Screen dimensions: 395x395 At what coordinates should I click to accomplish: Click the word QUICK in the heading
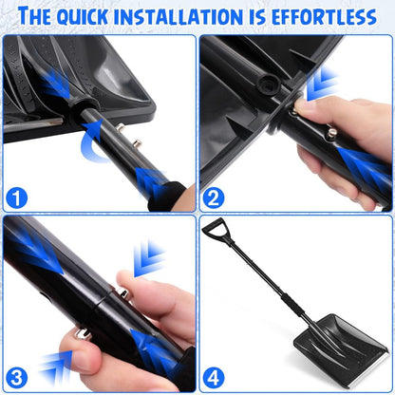pos(83,17)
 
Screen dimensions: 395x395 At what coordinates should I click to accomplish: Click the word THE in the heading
pos(35,16)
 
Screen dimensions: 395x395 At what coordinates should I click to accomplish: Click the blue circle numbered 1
pos(17,198)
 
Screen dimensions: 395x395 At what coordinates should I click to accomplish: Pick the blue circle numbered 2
pos(214,198)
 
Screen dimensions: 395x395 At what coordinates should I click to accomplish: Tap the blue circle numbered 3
pos(17,378)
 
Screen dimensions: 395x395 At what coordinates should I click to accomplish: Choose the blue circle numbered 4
pos(214,378)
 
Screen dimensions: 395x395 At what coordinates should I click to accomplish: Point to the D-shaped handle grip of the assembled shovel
pos(215,230)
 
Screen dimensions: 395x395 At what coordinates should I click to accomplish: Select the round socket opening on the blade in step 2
pos(269,84)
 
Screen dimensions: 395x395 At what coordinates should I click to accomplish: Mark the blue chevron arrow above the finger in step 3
pos(148,257)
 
